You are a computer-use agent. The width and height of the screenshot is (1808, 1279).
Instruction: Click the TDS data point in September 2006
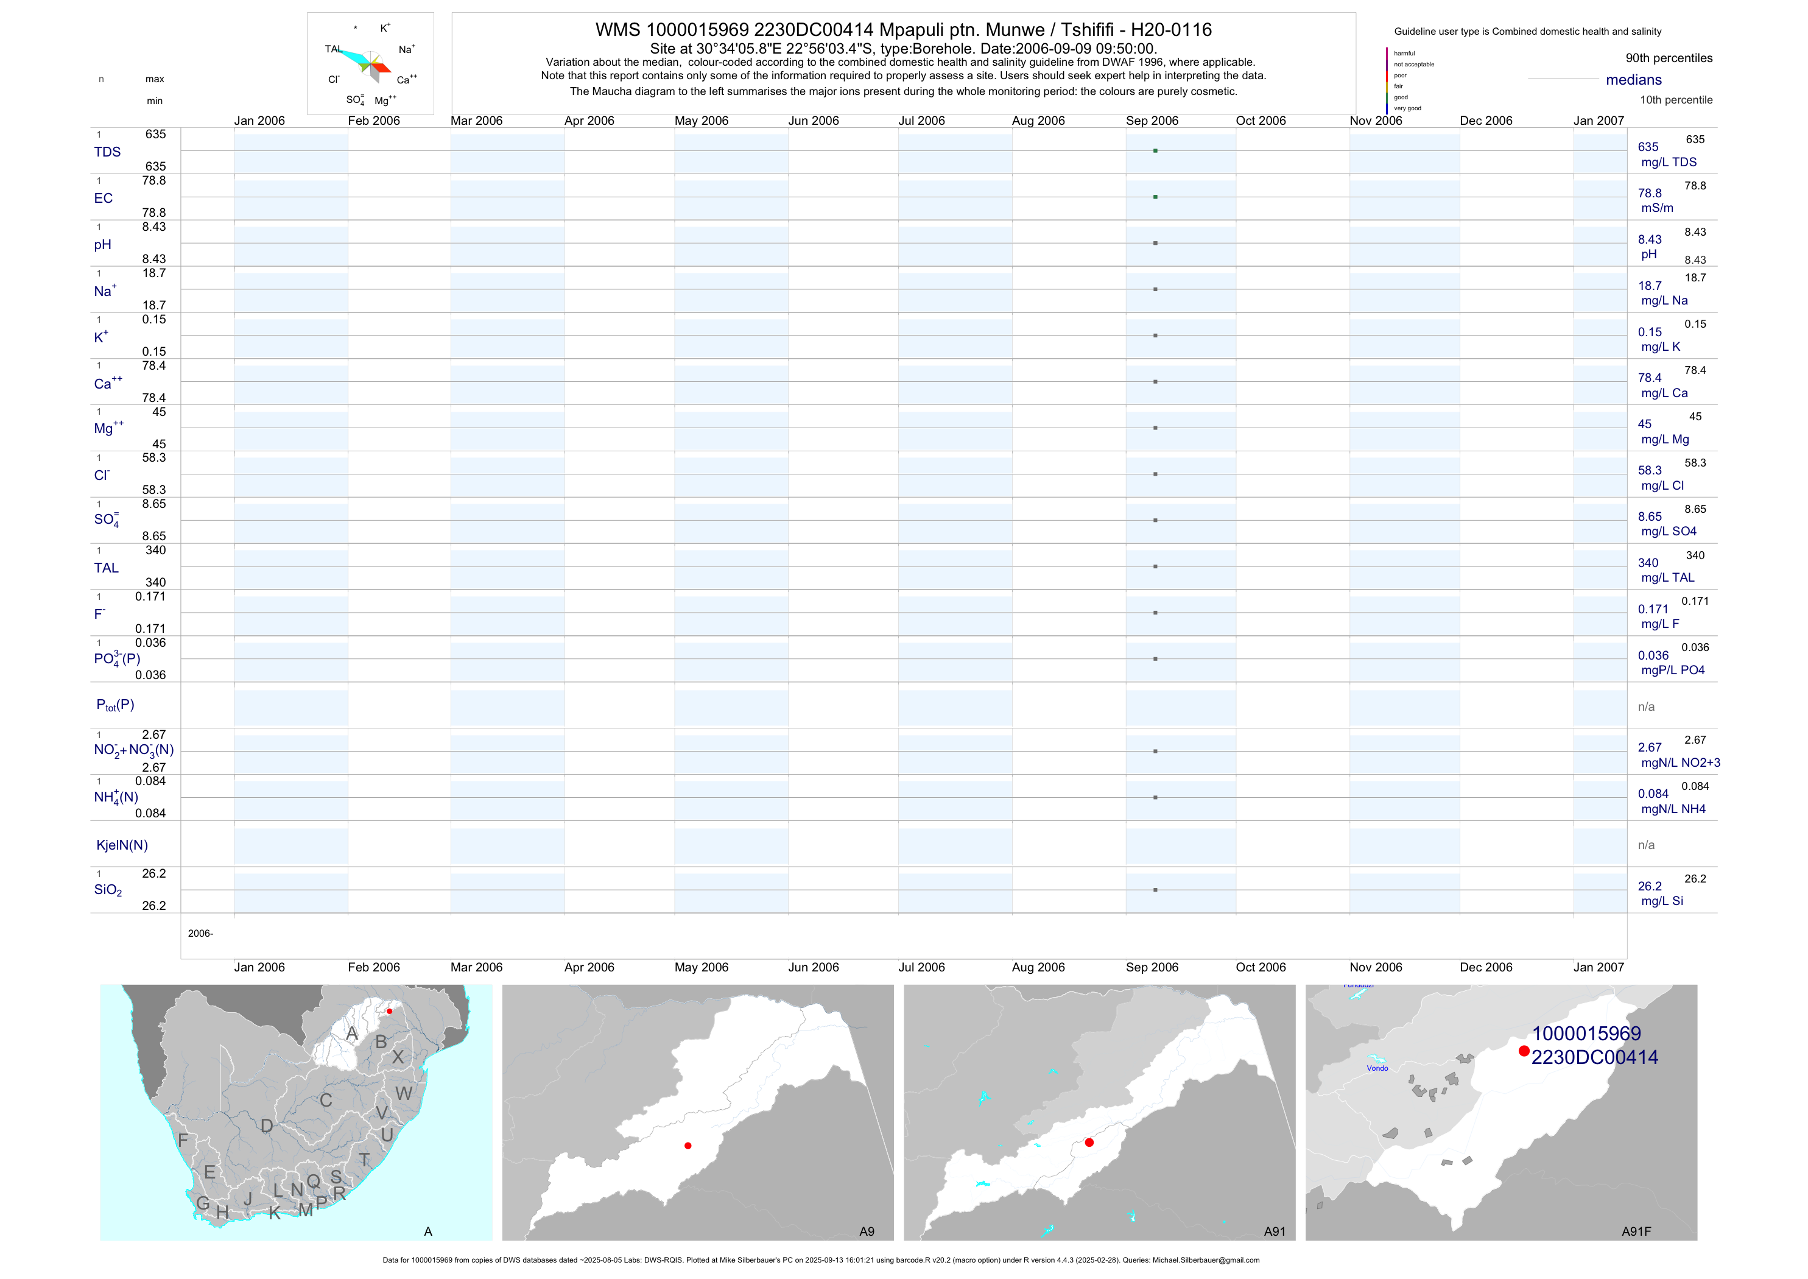pyautogui.click(x=1155, y=150)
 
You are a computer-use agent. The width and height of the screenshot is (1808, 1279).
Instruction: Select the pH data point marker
pyautogui.click(x=1155, y=244)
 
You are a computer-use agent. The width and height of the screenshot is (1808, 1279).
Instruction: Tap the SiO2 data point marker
pyautogui.click(x=1155, y=890)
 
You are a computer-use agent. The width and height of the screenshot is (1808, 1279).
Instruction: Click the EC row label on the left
pyautogui.click(x=103, y=199)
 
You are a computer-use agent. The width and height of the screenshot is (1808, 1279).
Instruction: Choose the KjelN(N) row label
pyautogui.click(x=122, y=845)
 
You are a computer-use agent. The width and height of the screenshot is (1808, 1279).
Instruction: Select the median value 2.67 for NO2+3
pyautogui.click(x=1649, y=747)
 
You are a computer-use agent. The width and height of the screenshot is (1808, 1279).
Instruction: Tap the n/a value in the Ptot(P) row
pyautogui.click(x=1646, y=707)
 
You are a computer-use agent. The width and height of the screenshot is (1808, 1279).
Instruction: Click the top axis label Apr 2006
pyautogui.click(x=589, y=121)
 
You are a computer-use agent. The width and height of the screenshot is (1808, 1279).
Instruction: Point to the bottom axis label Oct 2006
pyautogui.click(x=1261, y=967)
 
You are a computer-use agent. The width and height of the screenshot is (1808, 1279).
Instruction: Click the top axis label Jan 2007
pyautogui.click(x=1599, y=121)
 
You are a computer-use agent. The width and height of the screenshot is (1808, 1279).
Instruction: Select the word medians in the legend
pyautogui.click(x=1634, y=80)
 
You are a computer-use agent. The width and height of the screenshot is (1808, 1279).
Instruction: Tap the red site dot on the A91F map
pyautogui.click(x=1524, y=1051)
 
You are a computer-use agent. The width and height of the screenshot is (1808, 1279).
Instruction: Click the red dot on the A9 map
pyautogui.click(x=688, y=1146)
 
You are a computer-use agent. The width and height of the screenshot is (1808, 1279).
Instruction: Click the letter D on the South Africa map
pyautogui.click(x=267, y=1126)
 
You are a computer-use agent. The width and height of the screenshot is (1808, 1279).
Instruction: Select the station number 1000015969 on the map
pyautogui.click(x=1586, y=1034)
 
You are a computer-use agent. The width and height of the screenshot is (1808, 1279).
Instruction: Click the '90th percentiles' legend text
pyautogui.click(x=1669, y=58)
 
